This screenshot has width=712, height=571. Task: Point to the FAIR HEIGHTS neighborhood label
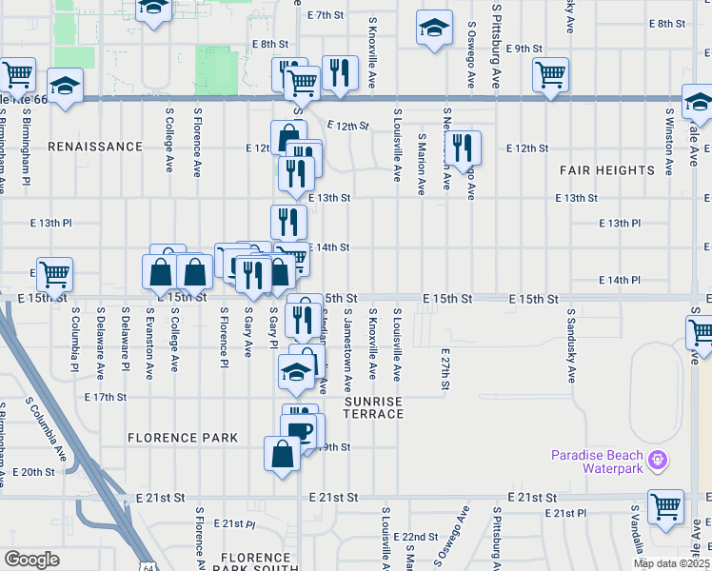pyautogui.click(x=608, y=170)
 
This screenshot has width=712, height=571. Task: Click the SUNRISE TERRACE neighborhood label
pyautogui.click(x=374, y=408)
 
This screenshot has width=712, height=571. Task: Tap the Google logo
pyautogui.click(x=31, y=559)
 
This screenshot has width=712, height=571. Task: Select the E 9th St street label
pyautogui.click(x=524, y=48)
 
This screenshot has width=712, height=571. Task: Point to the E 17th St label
pyautogui.click(x=106, y=397)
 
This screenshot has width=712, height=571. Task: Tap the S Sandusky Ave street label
pyautogui.click(x=571, y=345)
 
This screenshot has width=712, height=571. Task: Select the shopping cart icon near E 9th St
pyautogui.click(x=551, y=75)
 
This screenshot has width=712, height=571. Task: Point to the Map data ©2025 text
pyautogui.click(x=670, y=563)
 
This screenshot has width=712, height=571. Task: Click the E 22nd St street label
pyautogui.click(x=419, y=537)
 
